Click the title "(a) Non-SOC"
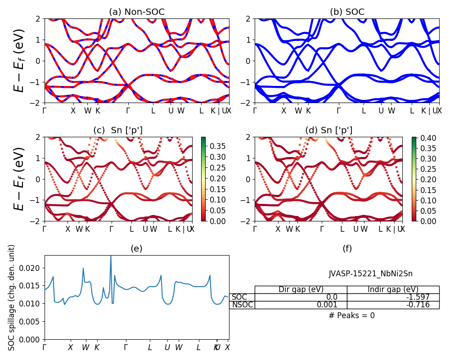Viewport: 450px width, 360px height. pyautogui.click(x=137, y=12)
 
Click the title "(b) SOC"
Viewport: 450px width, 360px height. pyautogui.click(x=347, y=12)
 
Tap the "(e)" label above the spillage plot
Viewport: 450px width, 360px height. pyautogui.click(x=137, y=248)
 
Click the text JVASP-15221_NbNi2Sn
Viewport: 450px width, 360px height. pyautogui.click(x=370, y=273)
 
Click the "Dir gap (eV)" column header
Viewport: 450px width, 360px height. pyautogui.click(x=301, y=289)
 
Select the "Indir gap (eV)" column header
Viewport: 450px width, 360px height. pyautogui.click(x=393, y=289)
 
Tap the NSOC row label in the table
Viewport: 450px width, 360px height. pyautogui.click(x=242, y=305)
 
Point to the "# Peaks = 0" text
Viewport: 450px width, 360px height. pyautogui.click(x=351, y=315)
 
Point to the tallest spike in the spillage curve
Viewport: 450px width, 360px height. pyautogui.click(x=111, y=256)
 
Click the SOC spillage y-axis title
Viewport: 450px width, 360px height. pyautogui.click(x=12, y=297)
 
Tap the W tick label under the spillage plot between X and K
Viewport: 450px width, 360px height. pyautogui.click(x=85, y=347)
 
